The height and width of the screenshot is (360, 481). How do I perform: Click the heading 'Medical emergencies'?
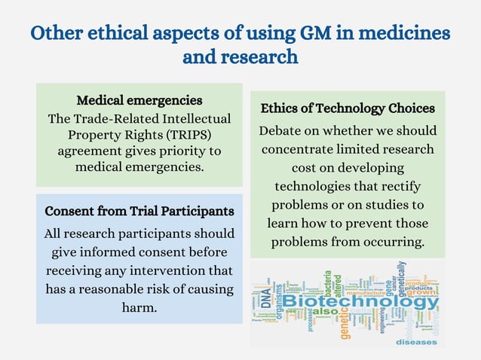(139, 101)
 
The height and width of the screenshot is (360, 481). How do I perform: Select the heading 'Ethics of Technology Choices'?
(348, 108)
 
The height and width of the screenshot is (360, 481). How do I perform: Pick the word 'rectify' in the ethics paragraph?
(397, 187)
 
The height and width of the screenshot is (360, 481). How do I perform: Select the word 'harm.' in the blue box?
(139, 307)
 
